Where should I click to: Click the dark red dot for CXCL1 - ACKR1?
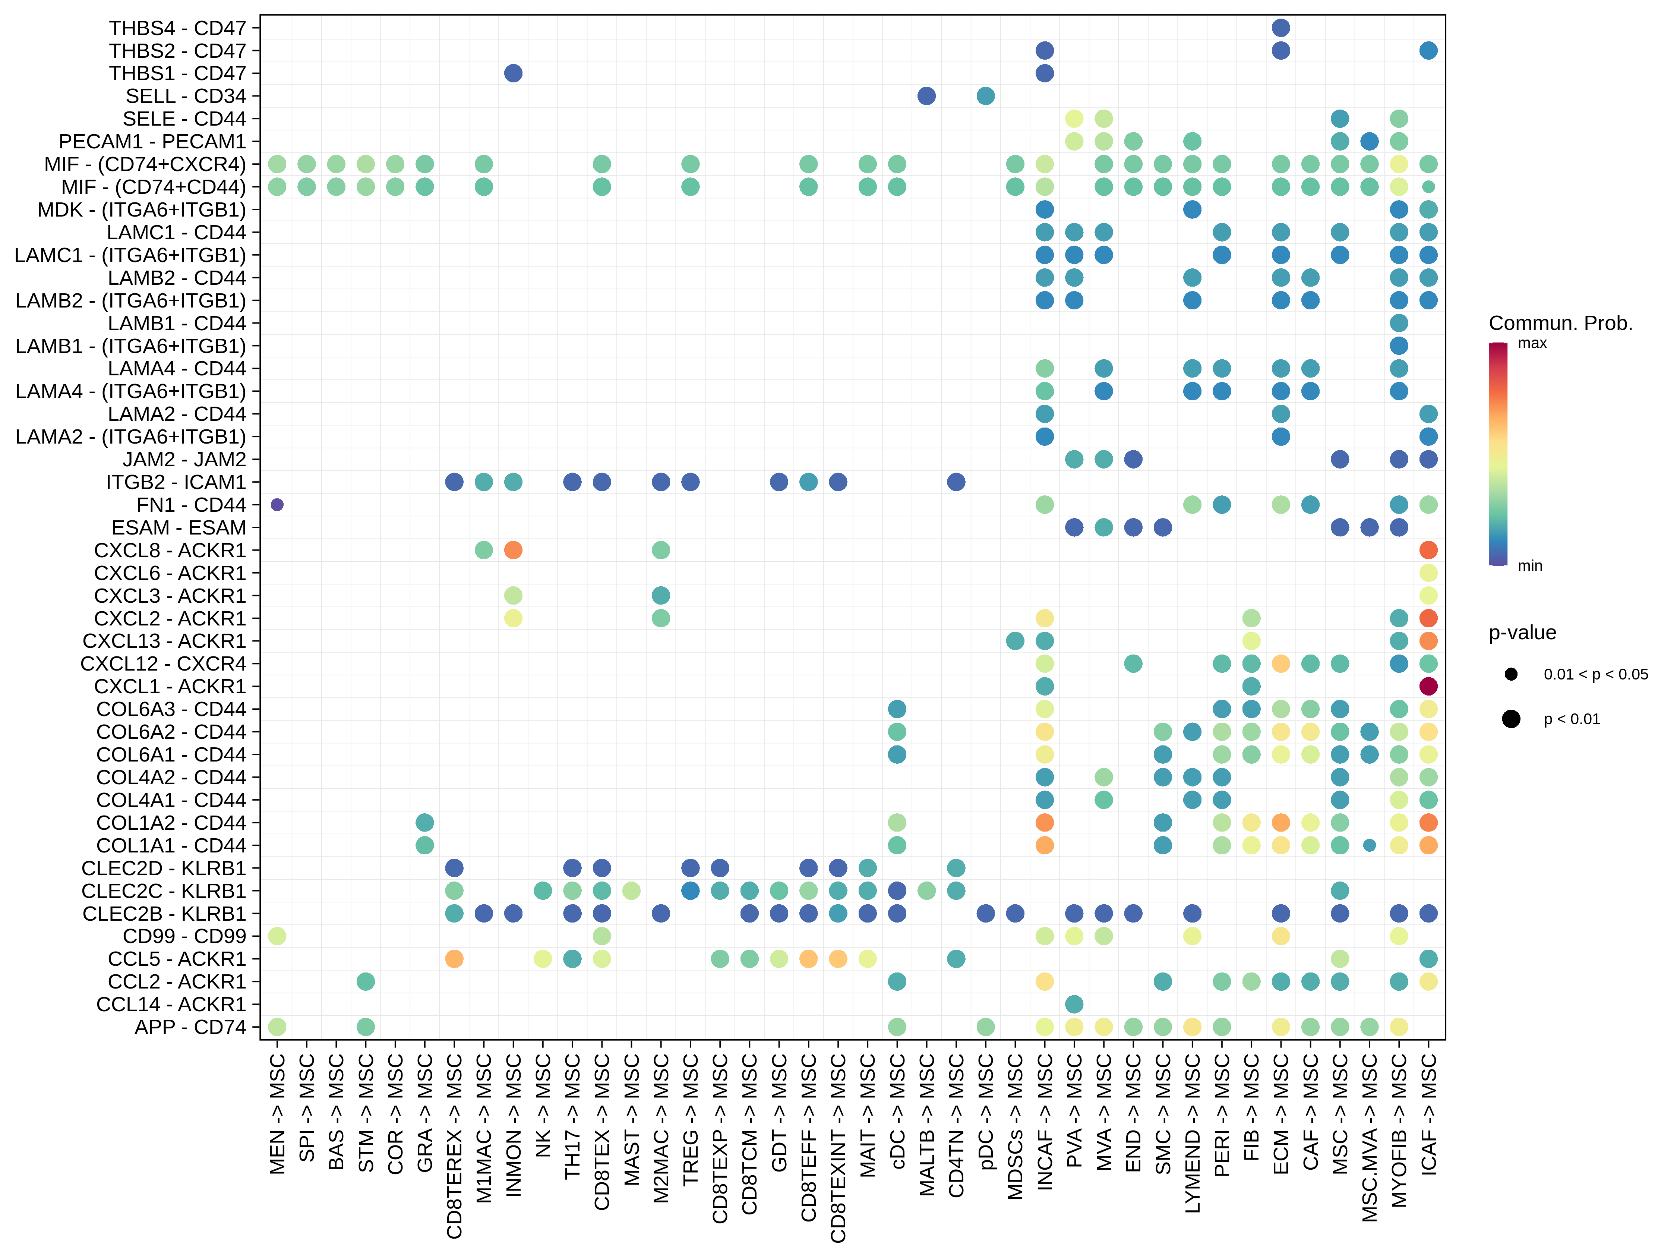pos(1428,686)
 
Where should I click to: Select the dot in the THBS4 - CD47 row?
pos(1280,28)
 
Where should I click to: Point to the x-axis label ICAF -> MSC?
pos(1428,1115)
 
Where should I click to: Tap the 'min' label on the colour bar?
pos(1530,566)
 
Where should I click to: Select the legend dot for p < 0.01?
pos(1511,719)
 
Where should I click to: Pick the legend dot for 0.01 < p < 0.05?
pos(1511,674)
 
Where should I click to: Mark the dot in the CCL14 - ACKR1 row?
pos(1074,1004)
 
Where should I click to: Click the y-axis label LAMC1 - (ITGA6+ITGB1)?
pos(130,255)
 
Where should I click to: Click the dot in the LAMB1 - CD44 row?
pos(1399,323)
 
